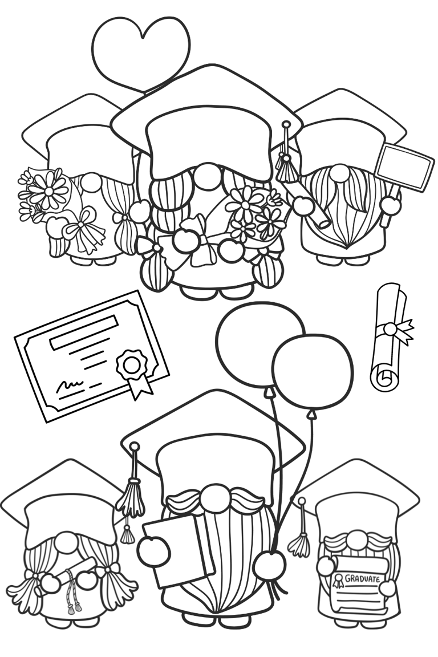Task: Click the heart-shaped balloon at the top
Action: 140,48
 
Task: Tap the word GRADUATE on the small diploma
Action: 362,579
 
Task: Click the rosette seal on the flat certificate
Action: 132,364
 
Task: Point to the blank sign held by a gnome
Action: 404,166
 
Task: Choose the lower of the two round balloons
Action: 313,372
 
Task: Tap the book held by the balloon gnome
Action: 177,550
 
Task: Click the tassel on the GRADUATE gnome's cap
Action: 299,542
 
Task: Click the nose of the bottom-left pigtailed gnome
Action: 67,542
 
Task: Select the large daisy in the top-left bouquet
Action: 48,190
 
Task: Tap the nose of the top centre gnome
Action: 206,177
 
